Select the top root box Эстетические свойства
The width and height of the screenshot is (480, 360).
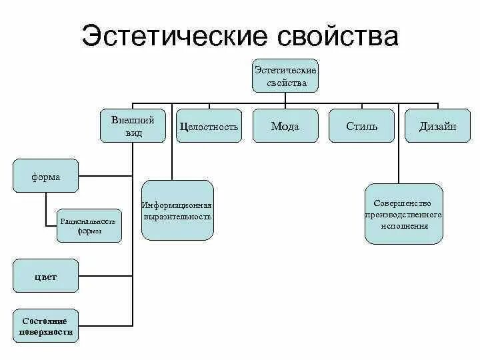(285, 76)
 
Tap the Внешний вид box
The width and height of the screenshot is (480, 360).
(132, 127)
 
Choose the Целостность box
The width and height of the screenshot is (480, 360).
(209, 127)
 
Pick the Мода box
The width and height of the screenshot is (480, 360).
(285, 127)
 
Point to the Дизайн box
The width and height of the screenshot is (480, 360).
(437, 127)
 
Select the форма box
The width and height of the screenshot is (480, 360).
(45, 177)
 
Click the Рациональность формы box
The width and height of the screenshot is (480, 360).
(89, 225)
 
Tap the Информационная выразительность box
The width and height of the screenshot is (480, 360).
(177, 210)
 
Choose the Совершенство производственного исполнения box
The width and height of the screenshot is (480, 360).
(404, 214)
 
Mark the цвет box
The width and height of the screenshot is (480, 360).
(45, 277)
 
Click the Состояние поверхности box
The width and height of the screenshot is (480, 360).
(45, 326)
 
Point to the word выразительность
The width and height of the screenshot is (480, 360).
(177, 217)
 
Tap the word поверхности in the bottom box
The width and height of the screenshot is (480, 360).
(45, 331)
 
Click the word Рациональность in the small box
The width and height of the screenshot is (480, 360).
(89, 221)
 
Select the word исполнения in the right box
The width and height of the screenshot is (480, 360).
(404, 226)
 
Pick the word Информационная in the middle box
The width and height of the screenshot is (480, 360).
(177, 205)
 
